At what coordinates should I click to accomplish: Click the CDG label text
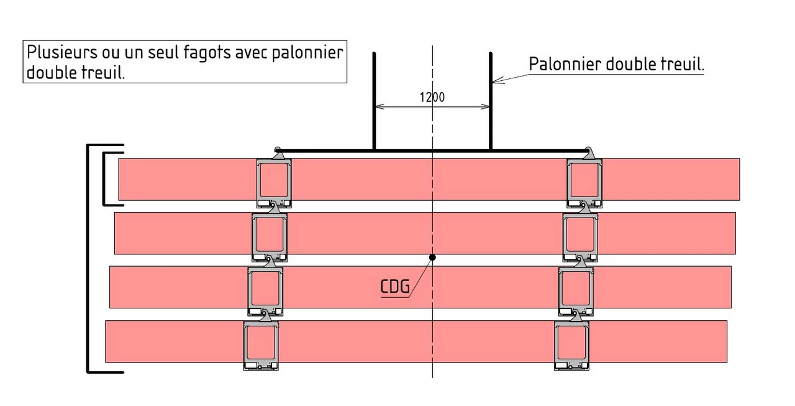(394, 287)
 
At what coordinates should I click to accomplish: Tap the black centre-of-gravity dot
(432, 257)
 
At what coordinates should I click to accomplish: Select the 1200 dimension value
(432, 97)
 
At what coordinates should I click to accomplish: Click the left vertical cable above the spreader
(374, 99)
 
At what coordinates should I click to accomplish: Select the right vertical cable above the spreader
(491, 99)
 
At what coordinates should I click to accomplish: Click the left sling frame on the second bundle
(269, 235)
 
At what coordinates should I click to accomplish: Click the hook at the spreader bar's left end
(278, 152)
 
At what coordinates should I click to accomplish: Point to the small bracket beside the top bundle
(104, 179)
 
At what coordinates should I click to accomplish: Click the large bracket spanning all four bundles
(88, 258)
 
